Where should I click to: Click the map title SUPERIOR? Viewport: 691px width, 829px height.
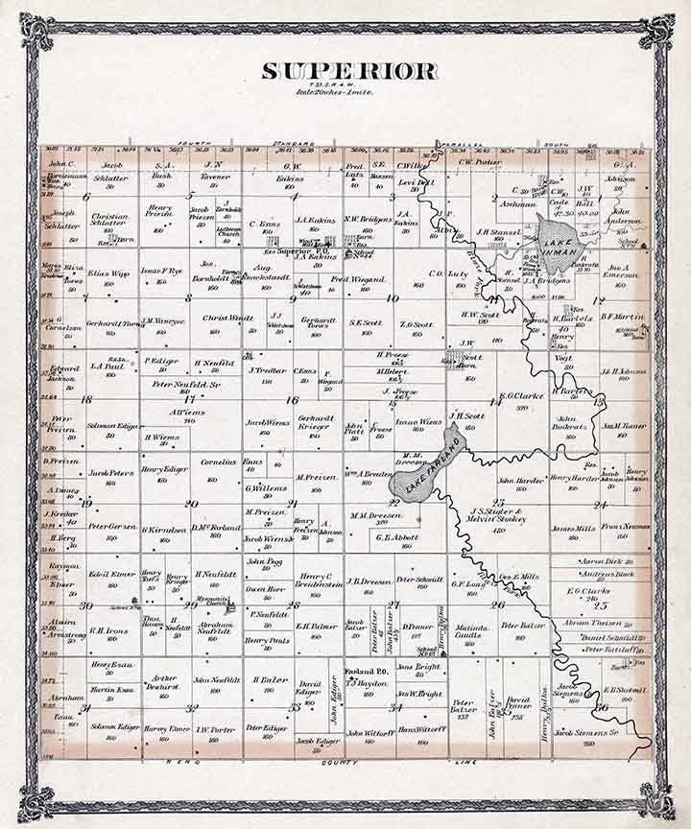coord(349,72)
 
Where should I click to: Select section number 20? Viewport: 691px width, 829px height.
coord(192,504)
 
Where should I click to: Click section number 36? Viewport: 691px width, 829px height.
coord(602,708)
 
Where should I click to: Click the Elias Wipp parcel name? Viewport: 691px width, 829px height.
coord(108,273)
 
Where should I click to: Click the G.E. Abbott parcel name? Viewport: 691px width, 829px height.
coord(393,536)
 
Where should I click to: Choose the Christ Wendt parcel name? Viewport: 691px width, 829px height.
coord(227,317)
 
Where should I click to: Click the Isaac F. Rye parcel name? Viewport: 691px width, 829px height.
coord(163,272)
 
